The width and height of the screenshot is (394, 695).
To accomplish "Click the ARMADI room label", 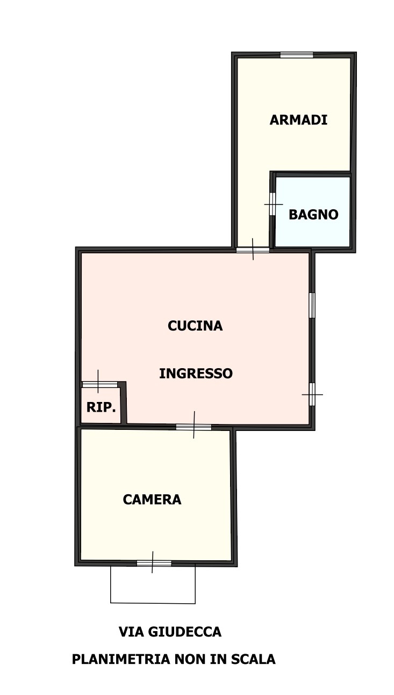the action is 298,120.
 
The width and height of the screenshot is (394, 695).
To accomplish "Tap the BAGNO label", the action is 313,214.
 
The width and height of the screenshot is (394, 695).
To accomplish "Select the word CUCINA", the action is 195,326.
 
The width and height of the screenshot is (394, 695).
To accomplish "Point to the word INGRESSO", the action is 196,373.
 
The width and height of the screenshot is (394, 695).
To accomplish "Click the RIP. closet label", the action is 101,407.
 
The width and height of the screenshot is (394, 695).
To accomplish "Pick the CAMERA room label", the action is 152,500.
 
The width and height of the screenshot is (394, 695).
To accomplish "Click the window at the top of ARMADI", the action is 297,55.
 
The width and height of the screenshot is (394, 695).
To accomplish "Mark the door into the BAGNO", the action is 273,204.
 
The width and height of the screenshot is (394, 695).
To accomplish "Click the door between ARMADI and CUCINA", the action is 253,250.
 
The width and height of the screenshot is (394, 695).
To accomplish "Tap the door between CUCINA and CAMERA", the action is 194,427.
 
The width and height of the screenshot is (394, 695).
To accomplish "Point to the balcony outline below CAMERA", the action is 153,603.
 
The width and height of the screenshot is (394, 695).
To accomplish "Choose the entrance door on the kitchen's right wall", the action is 312,394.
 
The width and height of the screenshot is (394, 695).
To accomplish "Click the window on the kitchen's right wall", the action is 312,305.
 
